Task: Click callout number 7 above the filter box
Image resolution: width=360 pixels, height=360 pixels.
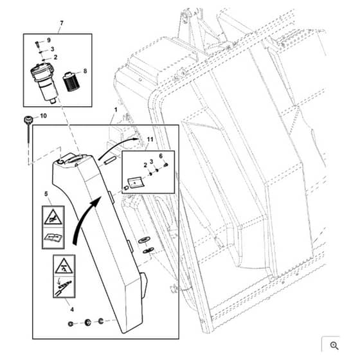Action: click(x=61, y=23)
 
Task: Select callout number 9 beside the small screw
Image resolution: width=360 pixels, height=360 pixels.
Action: click(x=49, y=40)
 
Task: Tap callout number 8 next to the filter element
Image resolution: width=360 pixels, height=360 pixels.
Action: click(x=85, y=71)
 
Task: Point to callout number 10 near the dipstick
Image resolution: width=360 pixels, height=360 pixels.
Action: click(x=43, y=116)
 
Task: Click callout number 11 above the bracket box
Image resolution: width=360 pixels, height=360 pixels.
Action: click(x=150, y=139)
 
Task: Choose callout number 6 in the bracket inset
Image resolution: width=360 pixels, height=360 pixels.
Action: click(x=161, y=156)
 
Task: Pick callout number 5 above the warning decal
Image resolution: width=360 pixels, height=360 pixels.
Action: click(x=46, y=194)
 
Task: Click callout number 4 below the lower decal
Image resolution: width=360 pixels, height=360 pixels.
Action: click(x=72, y=309)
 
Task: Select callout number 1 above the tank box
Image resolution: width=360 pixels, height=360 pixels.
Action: click(x=116, y=110)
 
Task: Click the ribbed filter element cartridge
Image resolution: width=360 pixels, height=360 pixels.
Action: click(x=71, y=82)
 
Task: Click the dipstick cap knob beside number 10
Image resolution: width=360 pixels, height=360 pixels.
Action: click(x=28, y=120)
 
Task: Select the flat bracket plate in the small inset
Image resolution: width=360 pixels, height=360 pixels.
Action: click(x=136, y=183)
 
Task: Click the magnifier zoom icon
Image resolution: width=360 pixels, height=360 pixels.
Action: click(x=334, y=346)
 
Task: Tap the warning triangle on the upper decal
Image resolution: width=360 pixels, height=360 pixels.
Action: click(x=53, y=217)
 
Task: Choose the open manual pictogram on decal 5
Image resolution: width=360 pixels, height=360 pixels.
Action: click(x=53, y=238)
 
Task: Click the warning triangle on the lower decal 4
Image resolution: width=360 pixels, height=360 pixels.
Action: click(x=64, y=265)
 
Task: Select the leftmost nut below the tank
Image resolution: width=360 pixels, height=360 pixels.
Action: click(x=71, y=324)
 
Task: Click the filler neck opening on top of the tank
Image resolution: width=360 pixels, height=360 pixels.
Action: click(x=61, y=161)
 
